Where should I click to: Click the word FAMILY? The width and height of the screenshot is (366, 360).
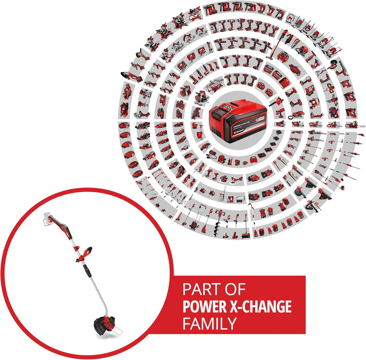pyautogui.click(x=209, y=323)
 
